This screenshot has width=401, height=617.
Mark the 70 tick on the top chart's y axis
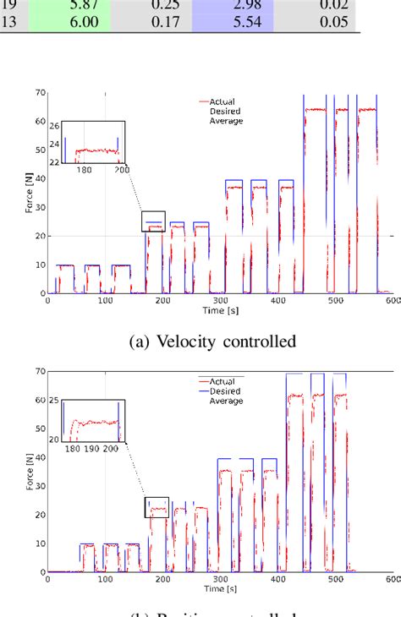point(39,92)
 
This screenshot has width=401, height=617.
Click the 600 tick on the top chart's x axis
point(391,299)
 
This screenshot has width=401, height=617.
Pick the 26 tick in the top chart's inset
point(55,127)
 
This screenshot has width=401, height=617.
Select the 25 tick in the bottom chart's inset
point(55,400)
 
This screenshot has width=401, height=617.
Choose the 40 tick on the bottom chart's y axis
point(39,458)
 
